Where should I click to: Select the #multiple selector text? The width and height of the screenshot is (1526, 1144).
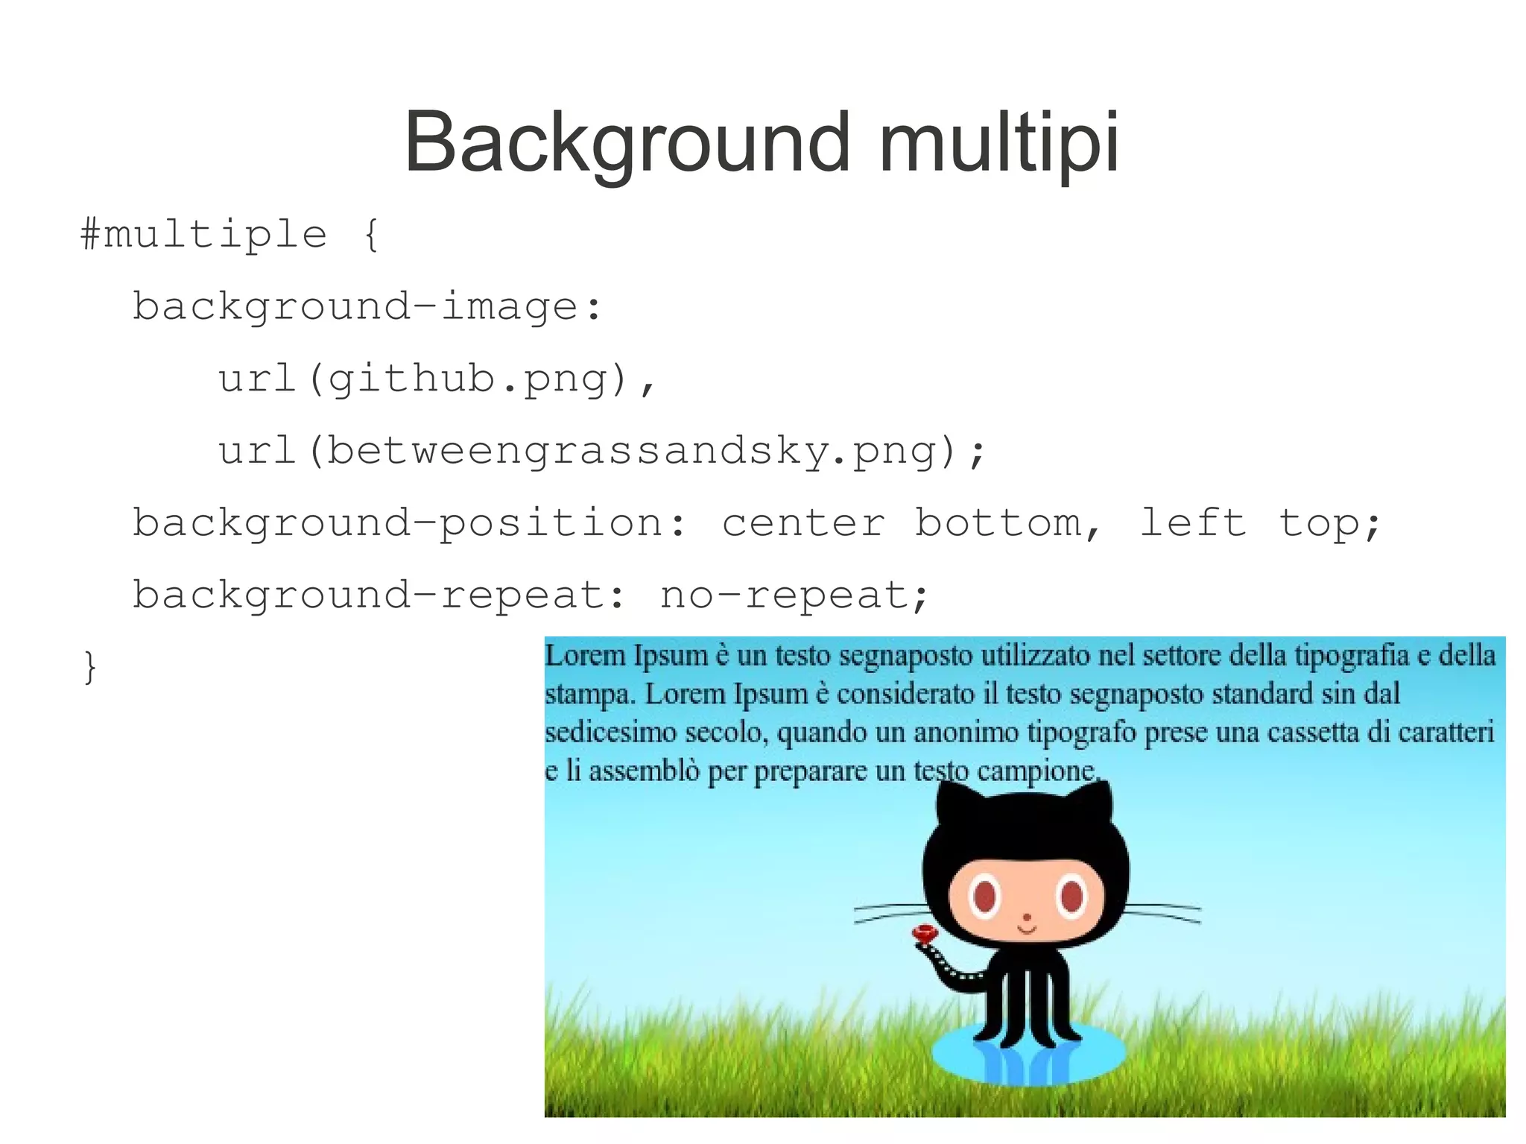(203, 235)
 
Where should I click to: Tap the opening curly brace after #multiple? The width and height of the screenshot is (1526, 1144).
(371, 235)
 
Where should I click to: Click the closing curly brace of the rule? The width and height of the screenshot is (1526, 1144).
(89, 666)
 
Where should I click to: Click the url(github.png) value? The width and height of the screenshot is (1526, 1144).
(436, 379)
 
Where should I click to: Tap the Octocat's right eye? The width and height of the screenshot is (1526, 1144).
(1071, 896)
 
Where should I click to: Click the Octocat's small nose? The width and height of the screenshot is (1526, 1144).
(1027, 917)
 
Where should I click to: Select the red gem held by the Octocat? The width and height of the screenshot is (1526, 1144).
(925, 933)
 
